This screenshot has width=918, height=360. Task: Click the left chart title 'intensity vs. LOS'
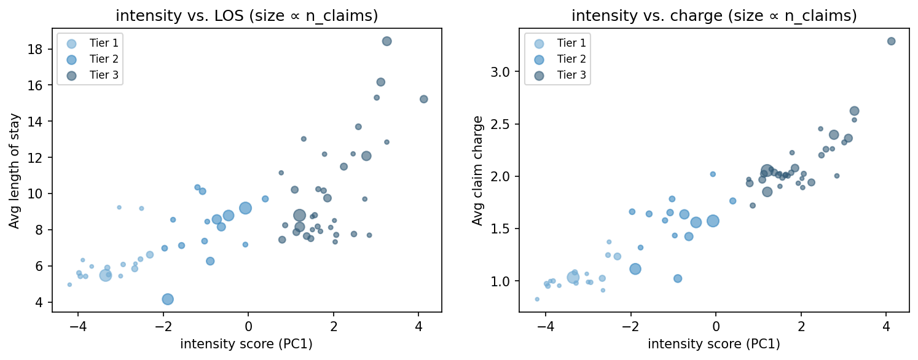[x=246, y=17]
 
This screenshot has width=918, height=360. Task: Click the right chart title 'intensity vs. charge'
[x=714, y=17]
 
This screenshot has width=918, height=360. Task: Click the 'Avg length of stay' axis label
[x=14, y=171]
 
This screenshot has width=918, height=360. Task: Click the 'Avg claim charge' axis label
[x=477, y=171]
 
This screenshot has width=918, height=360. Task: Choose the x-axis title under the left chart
[x=246, y=344]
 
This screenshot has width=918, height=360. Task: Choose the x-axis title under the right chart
[x=714, y=344]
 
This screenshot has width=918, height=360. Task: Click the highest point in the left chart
[x=386, y=41]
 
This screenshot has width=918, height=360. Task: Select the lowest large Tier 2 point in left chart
[x=168, y=299]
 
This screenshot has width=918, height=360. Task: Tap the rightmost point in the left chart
[x=423, y=99]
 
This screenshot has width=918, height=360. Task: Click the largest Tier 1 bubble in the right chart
[x=573, y=277]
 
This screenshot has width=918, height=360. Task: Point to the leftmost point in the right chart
[x=537, y=299]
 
